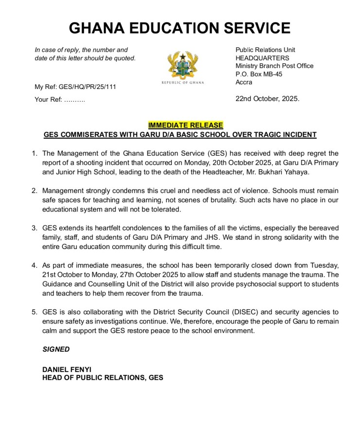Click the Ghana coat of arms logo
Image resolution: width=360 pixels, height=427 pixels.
[182, 66]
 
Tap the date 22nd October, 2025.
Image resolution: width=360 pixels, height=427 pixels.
[267, 98]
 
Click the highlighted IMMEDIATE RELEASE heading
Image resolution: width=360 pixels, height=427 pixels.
[185, 125]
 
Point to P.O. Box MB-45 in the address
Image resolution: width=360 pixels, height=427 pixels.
[259, 74]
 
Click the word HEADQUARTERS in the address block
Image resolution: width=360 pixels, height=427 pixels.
[262, 58]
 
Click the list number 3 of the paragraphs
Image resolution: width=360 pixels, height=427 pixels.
[35, 228]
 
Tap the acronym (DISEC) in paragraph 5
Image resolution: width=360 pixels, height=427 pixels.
[223, 312]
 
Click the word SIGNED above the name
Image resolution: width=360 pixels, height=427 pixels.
[56, 349]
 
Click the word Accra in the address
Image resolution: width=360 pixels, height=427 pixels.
[244, 82]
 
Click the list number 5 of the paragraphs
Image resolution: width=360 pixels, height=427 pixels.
[35, 312]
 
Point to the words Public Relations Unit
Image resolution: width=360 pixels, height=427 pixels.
[265, 50]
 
